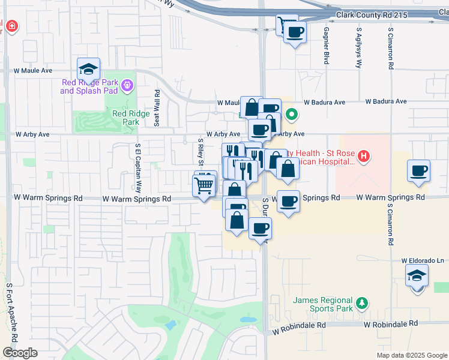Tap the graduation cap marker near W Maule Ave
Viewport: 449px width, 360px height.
(88, 70)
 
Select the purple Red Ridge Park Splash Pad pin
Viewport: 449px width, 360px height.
(126, 86)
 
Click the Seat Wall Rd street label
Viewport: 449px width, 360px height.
(157, 108)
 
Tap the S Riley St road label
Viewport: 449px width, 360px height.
(200, 154)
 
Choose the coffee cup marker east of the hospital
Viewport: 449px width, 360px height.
(418, 171)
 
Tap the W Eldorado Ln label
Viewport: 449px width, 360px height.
(423, 261)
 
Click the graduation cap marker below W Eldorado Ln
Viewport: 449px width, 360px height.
(417, 277)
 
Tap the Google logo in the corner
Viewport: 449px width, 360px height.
(19, 353)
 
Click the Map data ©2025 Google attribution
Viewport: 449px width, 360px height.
(411, 355)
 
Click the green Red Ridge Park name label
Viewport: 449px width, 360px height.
(126, 117)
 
